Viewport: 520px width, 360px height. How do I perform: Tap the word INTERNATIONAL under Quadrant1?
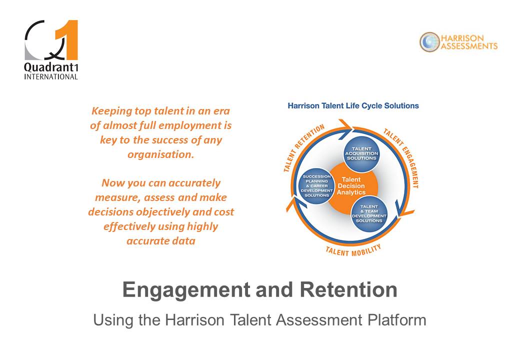(x=51, y=76)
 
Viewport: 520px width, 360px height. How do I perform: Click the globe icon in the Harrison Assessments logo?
(x=429, y=42)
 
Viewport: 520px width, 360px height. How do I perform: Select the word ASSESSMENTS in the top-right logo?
(x=469, y=46)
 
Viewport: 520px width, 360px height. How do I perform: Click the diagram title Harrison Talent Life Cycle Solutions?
(x=353, y=105)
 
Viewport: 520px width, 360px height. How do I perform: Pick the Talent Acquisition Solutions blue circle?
(x=361, y=154)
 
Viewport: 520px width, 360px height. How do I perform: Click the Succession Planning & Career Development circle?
(x=316, y=186)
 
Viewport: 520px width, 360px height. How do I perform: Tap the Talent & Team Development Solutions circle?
(x=369, y=213)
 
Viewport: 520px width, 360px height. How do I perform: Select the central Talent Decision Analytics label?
(x=351, y=186)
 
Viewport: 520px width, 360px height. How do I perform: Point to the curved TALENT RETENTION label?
(x=303, y=147)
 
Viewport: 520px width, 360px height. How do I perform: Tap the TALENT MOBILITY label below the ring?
(x=353, y=251)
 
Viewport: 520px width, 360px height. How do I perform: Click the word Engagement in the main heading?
(x=186, y=290)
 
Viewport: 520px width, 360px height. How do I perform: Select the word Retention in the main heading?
(x=348, y=289)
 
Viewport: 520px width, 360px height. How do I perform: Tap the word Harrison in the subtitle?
(x=194, y=320)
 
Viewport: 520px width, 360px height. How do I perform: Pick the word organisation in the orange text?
(x=161, y=155)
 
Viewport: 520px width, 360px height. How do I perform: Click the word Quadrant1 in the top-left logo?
(x=51, y=67)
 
